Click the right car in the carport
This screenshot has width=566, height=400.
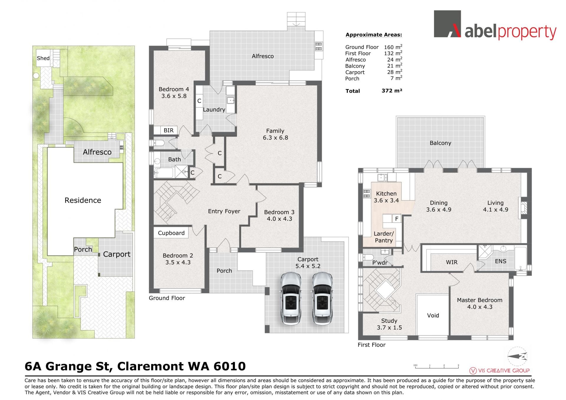(x=322, y=299)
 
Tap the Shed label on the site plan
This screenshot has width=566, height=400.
(x=43, y=58)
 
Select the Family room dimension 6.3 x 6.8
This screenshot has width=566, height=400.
(x=275, y=138)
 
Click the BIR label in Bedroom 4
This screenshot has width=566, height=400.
(x=169, y=130)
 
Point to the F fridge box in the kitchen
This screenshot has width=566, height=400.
(x=397, y=219)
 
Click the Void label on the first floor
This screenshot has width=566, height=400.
(x=433, y=315)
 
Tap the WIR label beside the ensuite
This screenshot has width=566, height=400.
(x=452, y=262)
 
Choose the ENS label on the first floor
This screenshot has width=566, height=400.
(x=501, y=261)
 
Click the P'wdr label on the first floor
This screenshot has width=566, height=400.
(x=380, y=263)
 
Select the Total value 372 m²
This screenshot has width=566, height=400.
(x=392, y=91)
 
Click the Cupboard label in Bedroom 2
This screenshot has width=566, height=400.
(x=171, y=233)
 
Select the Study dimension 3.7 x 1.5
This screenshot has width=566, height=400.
(x=389, y=327)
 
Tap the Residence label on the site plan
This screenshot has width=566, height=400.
(x=83, y=200)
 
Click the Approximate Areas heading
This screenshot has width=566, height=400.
(x=374, y=35)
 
